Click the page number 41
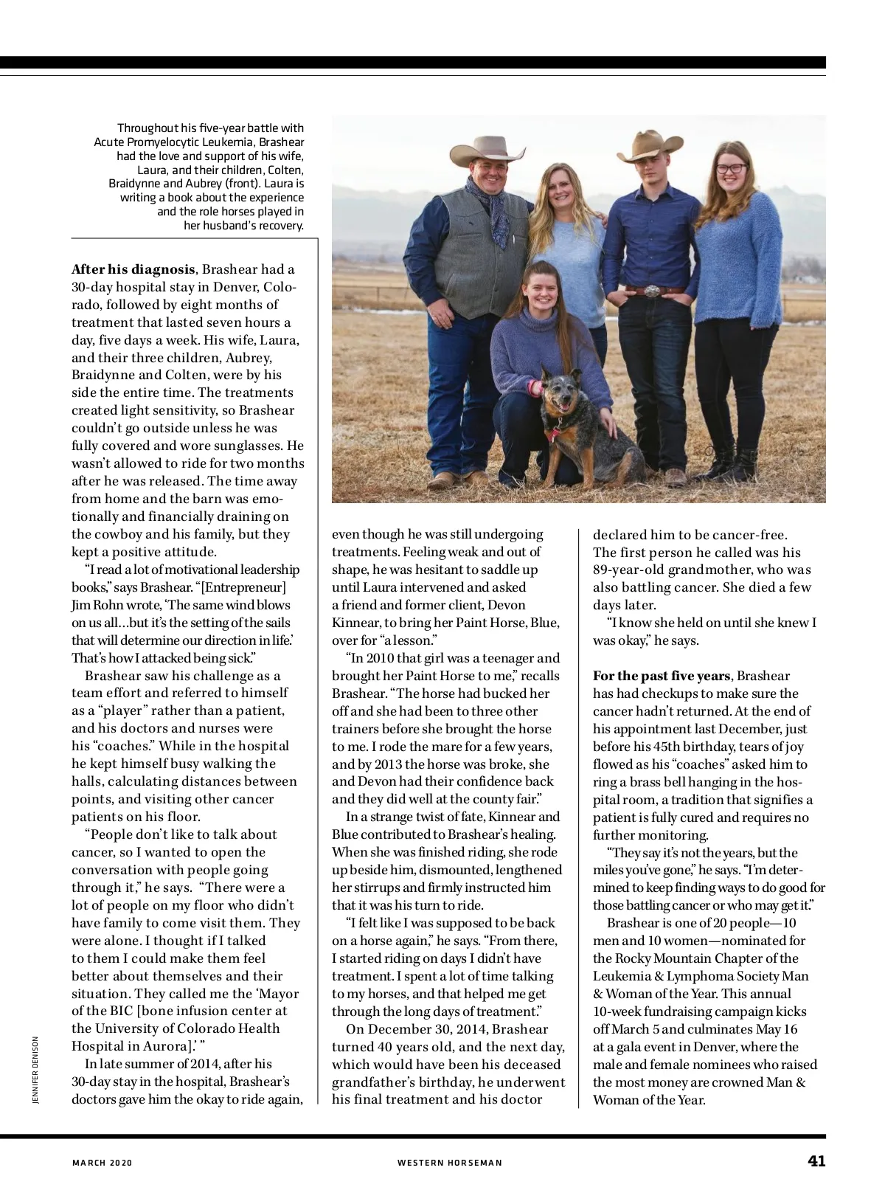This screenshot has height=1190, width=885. click(x=816, y=1160)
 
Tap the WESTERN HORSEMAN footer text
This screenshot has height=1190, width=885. click(x=450, y=1163)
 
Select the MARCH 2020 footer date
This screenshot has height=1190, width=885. click(x=102, y=1163)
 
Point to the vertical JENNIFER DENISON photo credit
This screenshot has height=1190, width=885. click(x=35, y=1070)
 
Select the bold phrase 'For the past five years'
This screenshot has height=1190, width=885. click(x=662, y=676)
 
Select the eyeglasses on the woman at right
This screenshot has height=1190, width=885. click(x=731, y=168)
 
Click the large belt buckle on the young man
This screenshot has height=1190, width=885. click(x=652, y=291)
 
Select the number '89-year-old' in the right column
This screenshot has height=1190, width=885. click(x=628, y=570)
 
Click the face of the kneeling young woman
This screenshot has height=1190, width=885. click(x=542, y=290)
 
